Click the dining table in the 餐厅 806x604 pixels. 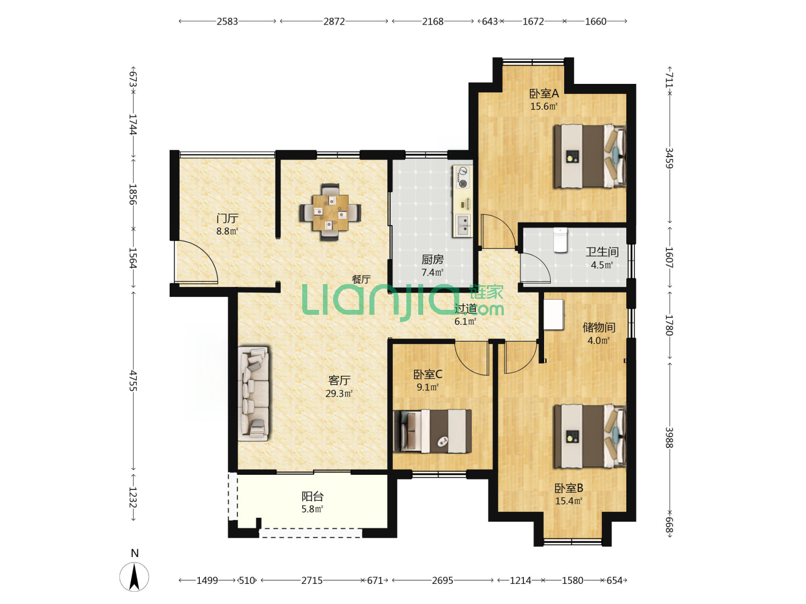[x=330, y=212]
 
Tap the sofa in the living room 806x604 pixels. [x=253, y=393]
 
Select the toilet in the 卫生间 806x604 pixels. [x=560, y=240]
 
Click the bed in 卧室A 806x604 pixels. [x=589, y=156]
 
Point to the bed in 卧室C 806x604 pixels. [x=432, y=431]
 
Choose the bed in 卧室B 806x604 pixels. [x=589, y=436]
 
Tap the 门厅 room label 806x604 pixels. [x=227, y=219]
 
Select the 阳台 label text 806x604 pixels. [x=312, y=496]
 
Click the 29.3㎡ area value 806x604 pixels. [x=339, y=394]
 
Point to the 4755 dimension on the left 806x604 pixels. [x=133, y=381]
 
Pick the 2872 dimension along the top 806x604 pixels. [x=334, y=21]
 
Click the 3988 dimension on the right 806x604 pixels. [x=669, y=437]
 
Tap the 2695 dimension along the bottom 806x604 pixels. [x=442, y=580]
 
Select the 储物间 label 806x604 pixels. [x=598, y=327]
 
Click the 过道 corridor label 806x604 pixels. [x=465, y=309]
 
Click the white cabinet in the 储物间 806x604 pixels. [x=554, y=314]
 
